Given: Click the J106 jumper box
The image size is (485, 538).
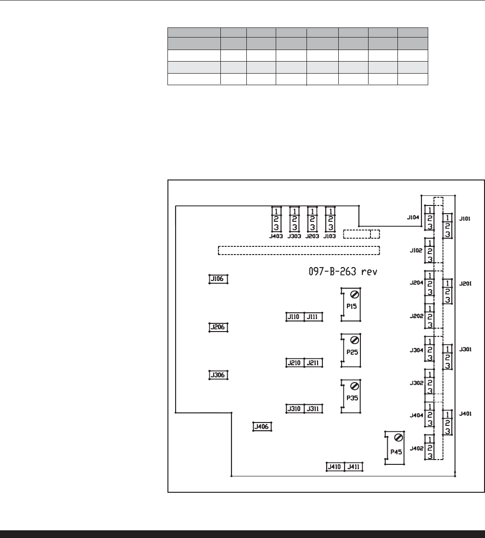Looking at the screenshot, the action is [218, 279].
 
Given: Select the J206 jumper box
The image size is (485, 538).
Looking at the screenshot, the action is [218, 327].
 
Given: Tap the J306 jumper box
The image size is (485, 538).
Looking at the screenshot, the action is [218, 375].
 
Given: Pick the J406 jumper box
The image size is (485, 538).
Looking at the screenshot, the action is [262, 426].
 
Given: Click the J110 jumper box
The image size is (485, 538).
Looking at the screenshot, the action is [294, 317].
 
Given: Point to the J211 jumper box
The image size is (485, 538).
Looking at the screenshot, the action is [313, 362].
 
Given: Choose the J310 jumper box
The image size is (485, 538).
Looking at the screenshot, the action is [294, 409].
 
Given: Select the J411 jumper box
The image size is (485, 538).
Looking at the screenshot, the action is [354, 466].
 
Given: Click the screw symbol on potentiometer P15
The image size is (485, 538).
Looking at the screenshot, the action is [354, 295].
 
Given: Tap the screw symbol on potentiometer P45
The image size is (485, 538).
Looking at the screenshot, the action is [398, 437].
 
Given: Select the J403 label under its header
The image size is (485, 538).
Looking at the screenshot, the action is [276, 236].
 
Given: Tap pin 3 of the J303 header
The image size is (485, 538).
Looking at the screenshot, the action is [294, 227].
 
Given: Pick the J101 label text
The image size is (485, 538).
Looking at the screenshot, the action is [465, 218].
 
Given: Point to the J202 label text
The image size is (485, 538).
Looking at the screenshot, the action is [416, 317].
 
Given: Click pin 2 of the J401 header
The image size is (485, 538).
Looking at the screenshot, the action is [447, 423].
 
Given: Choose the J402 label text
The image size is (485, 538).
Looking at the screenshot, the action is [416, 448].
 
